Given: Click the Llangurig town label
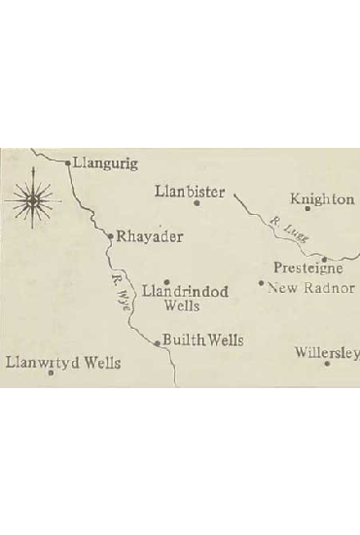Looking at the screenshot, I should tap(106, 163).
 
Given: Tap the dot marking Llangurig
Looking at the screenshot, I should tap(68, 163).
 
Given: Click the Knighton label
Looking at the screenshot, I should tap(323, 199).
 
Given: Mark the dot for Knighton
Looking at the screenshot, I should tap(307, 208).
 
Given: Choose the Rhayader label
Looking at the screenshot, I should tap(150, 236).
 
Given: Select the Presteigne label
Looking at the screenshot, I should tap(307, 268).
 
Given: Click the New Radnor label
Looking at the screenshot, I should tap(311, 288).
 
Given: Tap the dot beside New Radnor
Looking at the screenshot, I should tap(261, 284).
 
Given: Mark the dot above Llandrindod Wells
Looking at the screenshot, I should tap(166, 281).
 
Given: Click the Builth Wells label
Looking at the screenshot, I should tap(202, 340).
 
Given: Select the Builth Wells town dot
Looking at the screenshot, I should tap(157, 342).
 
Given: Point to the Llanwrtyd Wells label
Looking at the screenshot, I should tap(63, 363).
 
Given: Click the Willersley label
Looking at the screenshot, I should tap(328, 352).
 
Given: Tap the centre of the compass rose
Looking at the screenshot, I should tap(32, 198).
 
